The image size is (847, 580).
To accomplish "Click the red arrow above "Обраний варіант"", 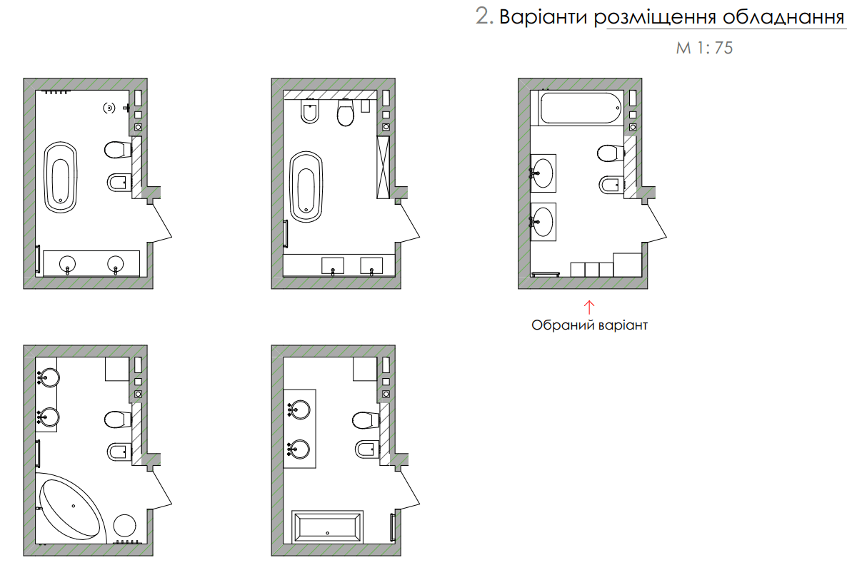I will [x=589, y=307].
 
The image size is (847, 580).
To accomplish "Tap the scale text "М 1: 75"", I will [x=704, y=49].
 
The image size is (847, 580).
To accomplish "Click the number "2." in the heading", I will [x=485, y=17].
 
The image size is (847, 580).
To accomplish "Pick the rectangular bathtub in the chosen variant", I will [x=581, y=108].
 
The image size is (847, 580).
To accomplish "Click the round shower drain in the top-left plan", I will [x=109, y=108].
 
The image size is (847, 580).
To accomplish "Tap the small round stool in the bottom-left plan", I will [x=124, y=525].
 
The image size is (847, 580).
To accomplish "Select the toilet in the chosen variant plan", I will [x=610, y=153].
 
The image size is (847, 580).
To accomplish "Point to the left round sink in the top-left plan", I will [x=68, y=263].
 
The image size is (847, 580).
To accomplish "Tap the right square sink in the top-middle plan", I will [x=371, y=265].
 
